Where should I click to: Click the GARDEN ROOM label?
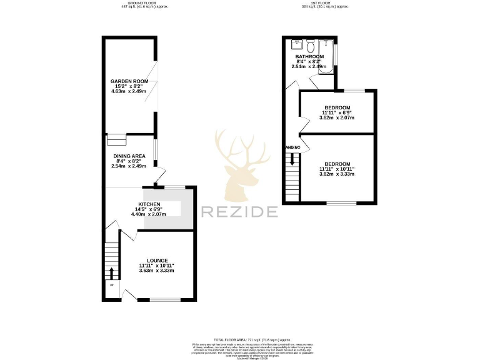tap(129, 81)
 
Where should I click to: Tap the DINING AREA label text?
tap(129, 156)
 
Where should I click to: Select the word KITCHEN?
tap(149, 204)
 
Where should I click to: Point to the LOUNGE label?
tap(157, 260)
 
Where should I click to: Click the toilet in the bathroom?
tap(310, 46)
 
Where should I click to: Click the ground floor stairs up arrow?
tap(112, 273)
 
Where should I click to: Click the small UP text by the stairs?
tap(112, 286)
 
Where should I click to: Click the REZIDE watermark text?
tap(239, 212)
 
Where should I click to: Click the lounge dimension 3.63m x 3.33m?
tap(156, 271)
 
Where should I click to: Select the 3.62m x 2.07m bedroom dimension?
tap(336, 117)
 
